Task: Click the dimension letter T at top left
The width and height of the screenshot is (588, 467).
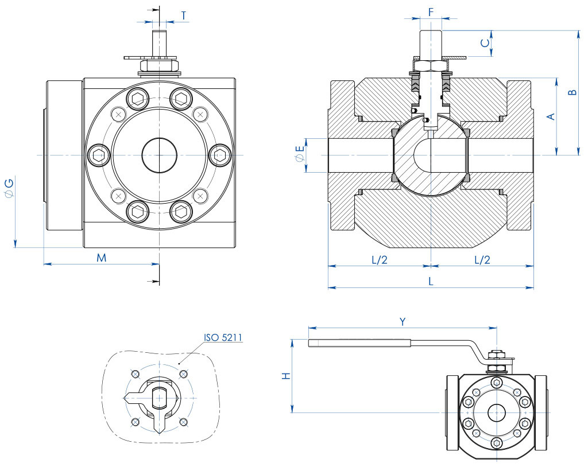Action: [183, 15]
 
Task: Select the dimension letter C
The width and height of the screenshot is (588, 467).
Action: [485, 42]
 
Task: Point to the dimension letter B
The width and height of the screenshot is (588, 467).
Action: [571, 92]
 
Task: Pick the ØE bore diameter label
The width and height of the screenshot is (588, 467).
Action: [299, 155]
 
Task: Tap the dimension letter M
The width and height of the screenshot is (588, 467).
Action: [101, 258]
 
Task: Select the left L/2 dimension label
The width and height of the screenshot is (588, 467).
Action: [380, 259]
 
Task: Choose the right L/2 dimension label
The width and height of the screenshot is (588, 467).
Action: [482, 259]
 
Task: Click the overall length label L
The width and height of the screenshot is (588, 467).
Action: [431, 281]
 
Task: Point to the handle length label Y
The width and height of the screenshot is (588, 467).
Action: [403, 322]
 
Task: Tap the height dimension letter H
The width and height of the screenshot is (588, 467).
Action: [285, 376]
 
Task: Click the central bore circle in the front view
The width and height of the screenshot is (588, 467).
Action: [159, 155]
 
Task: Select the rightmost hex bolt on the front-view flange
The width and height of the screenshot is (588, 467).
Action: [220, 155]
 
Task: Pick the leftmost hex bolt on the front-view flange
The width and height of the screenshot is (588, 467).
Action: [98, 155]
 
